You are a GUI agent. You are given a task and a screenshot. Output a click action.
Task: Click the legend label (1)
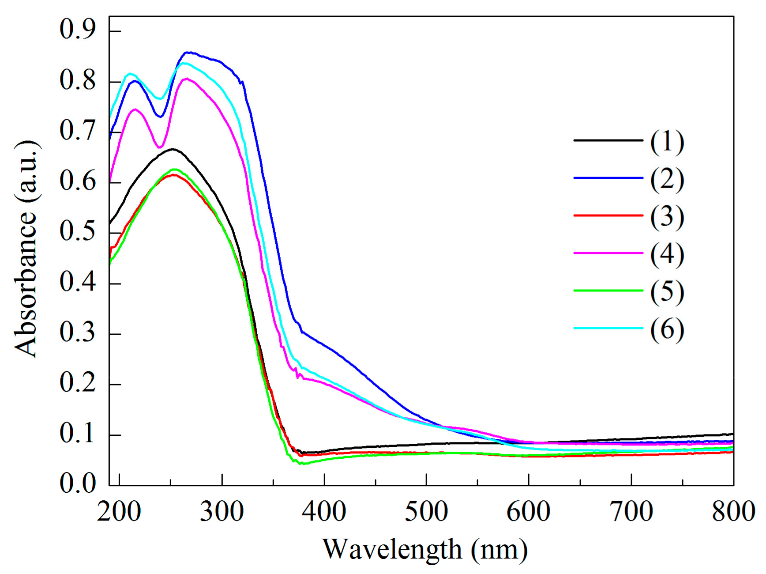pos(667,142)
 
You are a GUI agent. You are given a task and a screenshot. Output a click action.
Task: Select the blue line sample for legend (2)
pos(608,178)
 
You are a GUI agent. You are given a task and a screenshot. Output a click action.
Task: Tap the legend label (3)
pos(667,217)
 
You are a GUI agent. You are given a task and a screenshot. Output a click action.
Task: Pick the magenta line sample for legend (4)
pos(608,253)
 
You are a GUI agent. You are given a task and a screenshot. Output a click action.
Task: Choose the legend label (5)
pos(667,292)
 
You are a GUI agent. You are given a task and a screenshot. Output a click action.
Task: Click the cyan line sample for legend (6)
pos(608,328)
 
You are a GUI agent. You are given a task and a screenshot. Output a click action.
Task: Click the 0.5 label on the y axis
pos(78,231)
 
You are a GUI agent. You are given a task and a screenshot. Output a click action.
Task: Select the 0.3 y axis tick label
pos(78,332)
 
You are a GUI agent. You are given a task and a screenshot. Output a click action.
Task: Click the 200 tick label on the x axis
pos(119,512)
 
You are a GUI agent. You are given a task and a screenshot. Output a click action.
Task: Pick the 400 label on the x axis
pos(324,512)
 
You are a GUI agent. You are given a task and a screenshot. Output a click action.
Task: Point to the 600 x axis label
pos(528,512)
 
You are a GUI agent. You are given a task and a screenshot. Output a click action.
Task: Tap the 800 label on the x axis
pos(733,512)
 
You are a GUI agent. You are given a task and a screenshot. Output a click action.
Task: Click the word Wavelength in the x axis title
pos(392,550)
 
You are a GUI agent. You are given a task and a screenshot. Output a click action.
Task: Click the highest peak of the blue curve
pos(188,52)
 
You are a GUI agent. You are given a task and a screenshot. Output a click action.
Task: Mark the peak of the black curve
pos(173,149)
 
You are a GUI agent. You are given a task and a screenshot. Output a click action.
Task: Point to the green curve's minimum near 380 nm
pos(301,464)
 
